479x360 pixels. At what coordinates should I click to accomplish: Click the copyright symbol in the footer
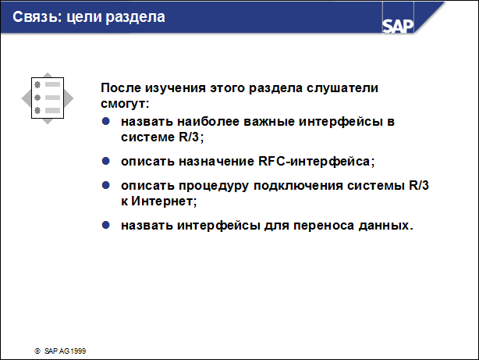click(x=37, y=351)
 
